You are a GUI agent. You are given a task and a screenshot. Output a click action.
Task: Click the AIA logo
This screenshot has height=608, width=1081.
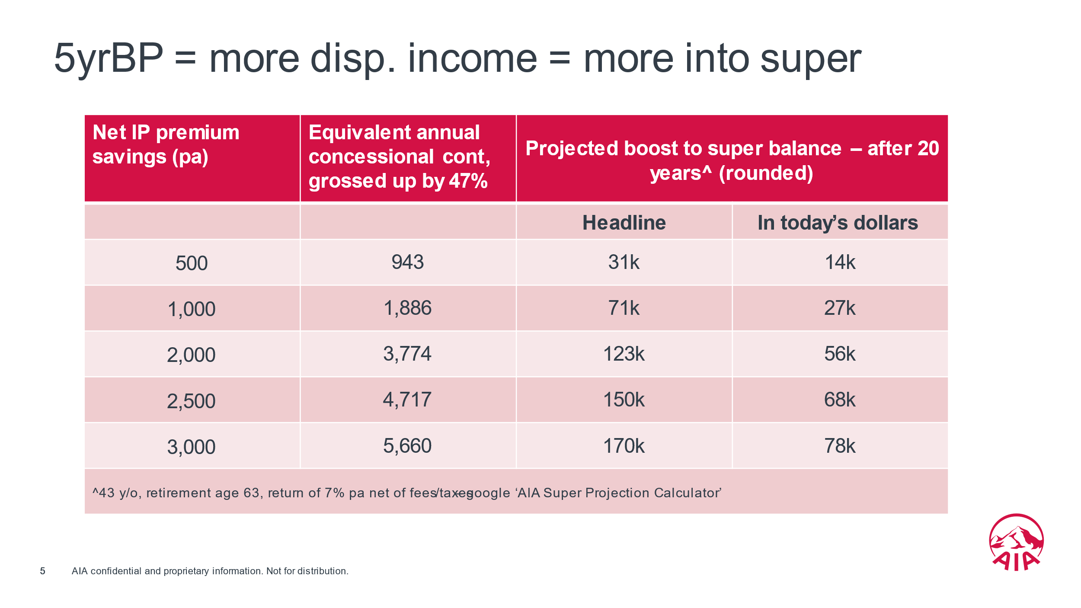[1016, 543]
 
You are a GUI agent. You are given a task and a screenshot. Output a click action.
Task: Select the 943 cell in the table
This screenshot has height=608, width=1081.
[407, 262]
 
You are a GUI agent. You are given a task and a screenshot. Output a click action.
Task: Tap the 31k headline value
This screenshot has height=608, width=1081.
[624, 262]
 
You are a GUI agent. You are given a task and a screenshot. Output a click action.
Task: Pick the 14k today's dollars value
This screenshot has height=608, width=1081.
[840, 262]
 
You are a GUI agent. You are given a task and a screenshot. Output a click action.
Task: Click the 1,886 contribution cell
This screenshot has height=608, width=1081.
[407, 308]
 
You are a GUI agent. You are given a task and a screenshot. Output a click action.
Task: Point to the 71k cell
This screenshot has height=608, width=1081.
[624, 308]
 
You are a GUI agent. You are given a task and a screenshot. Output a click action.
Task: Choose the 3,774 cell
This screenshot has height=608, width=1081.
[407, 354]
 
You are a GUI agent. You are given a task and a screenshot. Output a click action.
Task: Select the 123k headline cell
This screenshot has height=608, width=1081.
[624, 354]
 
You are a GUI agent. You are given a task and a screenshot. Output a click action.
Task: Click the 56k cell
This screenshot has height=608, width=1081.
[840, 354]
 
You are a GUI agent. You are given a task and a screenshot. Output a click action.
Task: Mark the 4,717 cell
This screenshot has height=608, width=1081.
[407, 400]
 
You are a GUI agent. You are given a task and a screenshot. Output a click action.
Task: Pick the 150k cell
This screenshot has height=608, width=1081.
[624, 400]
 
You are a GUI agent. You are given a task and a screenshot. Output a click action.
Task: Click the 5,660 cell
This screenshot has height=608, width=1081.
[407, 446]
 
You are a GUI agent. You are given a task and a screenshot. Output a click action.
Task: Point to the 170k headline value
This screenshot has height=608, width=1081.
[624, 446]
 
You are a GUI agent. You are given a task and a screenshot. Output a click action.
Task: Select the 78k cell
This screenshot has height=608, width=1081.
[840, 446]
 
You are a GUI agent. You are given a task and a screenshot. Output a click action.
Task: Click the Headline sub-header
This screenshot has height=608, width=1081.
[624, 223]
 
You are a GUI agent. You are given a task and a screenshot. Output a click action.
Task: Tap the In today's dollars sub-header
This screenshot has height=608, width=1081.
[838, 223]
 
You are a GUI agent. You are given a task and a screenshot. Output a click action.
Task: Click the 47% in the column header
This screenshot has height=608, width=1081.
[468, 181]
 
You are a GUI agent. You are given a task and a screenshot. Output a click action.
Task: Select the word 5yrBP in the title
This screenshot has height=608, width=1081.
[109, 58]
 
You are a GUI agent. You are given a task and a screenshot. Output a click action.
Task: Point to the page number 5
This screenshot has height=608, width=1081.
[42, 571]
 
